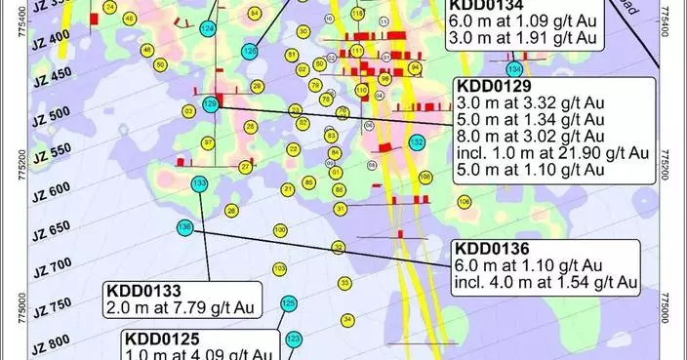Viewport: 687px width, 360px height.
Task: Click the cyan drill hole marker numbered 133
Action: [200, 183]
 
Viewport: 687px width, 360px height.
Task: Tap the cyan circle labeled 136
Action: [185, 228]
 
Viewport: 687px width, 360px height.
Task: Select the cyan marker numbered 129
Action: [209, 104]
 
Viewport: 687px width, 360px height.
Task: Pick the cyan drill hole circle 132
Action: [417, 142]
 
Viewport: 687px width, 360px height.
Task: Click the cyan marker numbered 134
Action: [513, 69]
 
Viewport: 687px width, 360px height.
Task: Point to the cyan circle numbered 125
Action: [288, 304]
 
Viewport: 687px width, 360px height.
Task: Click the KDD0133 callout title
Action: [144, 291]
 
